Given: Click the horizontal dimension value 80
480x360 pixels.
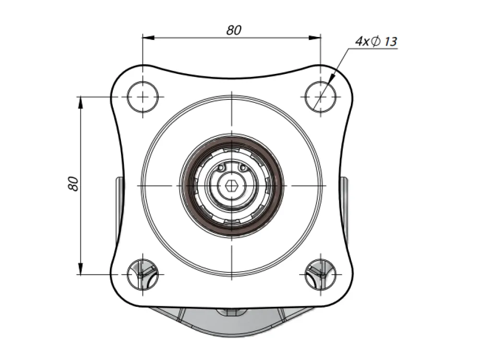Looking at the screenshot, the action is click(234, 30).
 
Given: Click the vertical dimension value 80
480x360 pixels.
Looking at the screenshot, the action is click(73, 184).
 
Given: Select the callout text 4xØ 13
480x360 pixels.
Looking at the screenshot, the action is click(376, 41).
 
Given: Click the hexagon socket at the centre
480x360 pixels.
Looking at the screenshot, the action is click(232, 185).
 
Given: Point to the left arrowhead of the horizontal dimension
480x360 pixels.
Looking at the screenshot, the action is click(149, 37).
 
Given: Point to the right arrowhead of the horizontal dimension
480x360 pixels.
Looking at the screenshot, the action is click(314, 37).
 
